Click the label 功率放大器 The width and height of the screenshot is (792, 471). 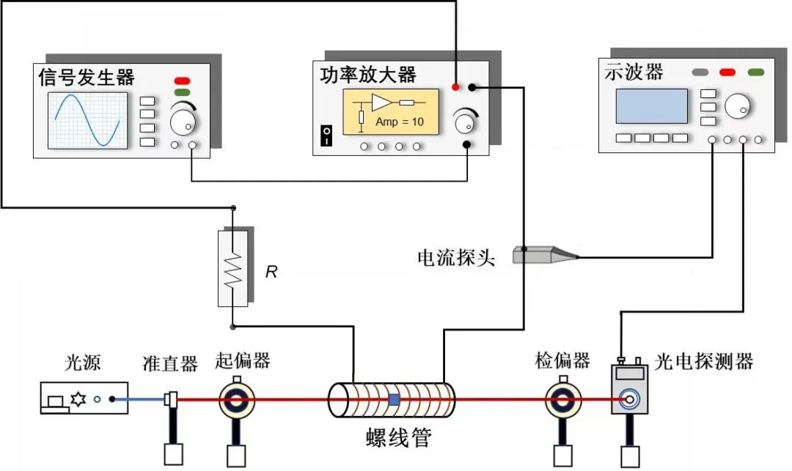pos(368,75)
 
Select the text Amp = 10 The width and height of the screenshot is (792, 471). pos(399,122)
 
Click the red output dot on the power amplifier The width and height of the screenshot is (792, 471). pos(456,88)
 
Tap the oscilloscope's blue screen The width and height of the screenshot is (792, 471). pos(651,106)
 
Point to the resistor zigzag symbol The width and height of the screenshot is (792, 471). pos(232,269)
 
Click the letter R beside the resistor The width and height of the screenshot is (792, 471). pos(271,272)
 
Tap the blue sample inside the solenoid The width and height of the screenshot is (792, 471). pos(394,400)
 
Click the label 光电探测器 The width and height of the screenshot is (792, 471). pos(703,361)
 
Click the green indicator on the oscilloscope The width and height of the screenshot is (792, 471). pos(755,72)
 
